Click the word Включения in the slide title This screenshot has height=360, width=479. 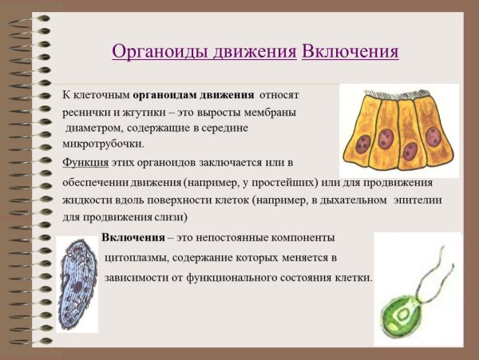(x=350, y=52)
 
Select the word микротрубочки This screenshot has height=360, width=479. (x=104, y=144)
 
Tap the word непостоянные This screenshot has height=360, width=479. (x=245, y=238)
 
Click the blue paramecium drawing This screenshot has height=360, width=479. (x=77, y=283)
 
